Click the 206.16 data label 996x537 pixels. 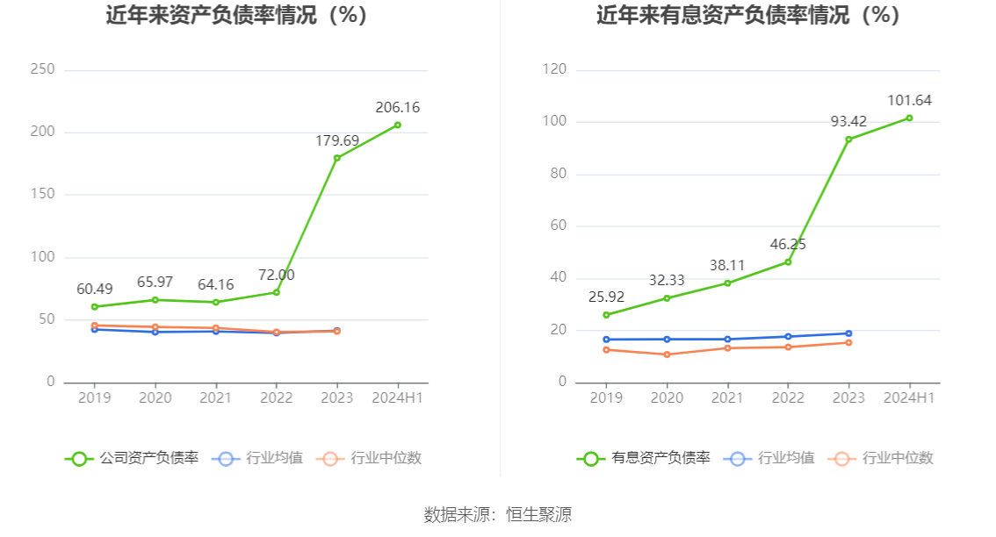[x=397, y=108]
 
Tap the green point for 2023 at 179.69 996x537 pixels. [x=336, y=158]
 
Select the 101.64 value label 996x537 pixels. [x=909, y=100]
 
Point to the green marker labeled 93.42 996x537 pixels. [x=848, y=140]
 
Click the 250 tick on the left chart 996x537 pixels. [x=42, y=69]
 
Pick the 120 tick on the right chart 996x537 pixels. [x=554, y=69]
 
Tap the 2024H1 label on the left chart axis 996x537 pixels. [x=397, y=397]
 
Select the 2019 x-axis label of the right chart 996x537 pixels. [x=606, y=397]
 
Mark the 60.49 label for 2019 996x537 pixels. [x=94, y=290]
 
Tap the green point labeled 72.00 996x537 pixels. [x=276, y=292]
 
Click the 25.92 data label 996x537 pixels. [x=606, y=297]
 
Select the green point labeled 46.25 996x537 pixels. [x=788, y=261]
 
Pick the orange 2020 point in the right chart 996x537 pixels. [x=667, y=354]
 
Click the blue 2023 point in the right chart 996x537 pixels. [x=848, y=333]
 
